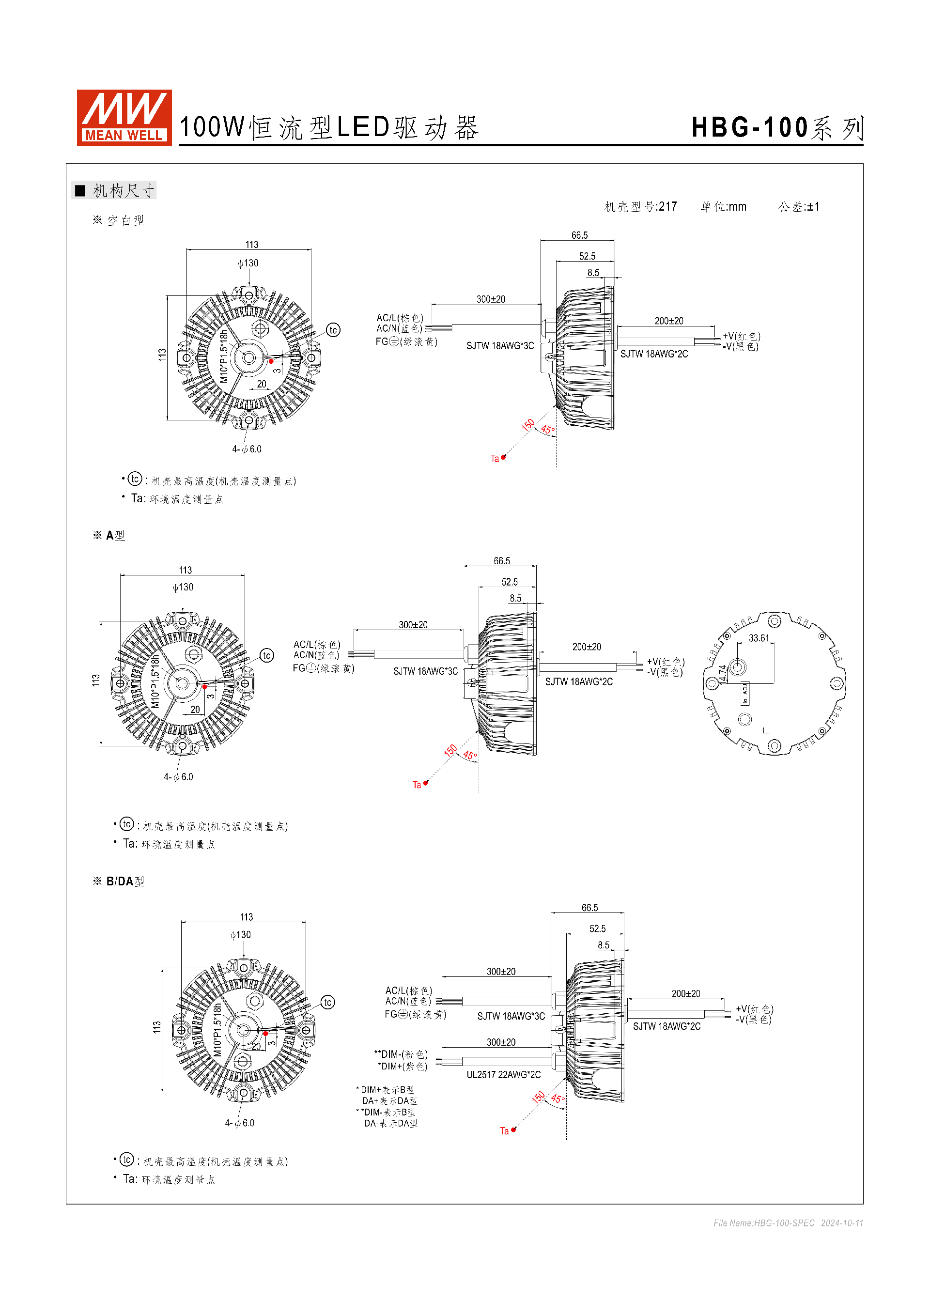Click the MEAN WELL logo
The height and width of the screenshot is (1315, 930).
coord(124,117)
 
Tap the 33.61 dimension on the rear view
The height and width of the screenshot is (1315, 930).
coord(759,638)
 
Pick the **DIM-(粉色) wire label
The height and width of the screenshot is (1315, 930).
coord(401,1054)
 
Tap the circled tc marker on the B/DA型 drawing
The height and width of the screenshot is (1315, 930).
coord(327,1002)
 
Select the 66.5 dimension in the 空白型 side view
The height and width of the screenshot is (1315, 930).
coord(579,235)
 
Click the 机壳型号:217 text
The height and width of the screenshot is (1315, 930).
coord(641,207)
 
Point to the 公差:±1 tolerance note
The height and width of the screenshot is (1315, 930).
coord(799,207)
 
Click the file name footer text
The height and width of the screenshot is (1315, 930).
coord(788,1223)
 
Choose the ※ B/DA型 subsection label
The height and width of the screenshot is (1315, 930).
coord(119,882)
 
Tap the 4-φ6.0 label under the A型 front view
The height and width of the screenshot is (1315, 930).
coord(179,777)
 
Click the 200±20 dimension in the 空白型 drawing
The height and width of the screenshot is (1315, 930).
coord(669,321)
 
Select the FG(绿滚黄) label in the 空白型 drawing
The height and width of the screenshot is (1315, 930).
coord(406,342)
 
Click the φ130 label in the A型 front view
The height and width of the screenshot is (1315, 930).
coord(183,588)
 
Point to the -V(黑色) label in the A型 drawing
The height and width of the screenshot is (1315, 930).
coord(666,672)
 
